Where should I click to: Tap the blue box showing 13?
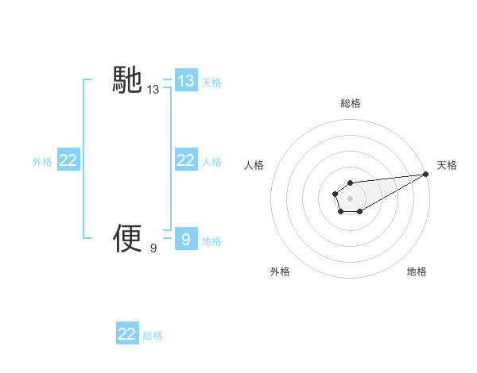tap(185, 81)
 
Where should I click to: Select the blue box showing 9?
tap(185, 239)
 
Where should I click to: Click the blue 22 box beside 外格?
tap(68, 161)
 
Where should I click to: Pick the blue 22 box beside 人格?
tap(185, 161)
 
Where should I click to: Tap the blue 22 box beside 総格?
tap(127, 334)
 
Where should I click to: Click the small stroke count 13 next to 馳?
tap(153, 90)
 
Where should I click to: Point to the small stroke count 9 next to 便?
tap(153, 248)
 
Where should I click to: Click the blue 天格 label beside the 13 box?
tap(211, 83)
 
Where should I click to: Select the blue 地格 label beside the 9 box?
tap(211, 240)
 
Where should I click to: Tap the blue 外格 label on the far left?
tap(42, 162)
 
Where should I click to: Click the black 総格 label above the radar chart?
tap(350, 103)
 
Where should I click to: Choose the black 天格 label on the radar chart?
tap(447, 165)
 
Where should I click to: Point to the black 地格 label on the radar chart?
tap(417, 272)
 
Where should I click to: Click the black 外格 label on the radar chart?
tap(280, 272)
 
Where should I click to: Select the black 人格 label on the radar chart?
tap(254, 165)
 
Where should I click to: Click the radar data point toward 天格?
tap(425, 174)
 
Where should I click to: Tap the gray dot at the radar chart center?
tap(350, 198)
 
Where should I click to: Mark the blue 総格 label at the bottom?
tap(153, 336)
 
